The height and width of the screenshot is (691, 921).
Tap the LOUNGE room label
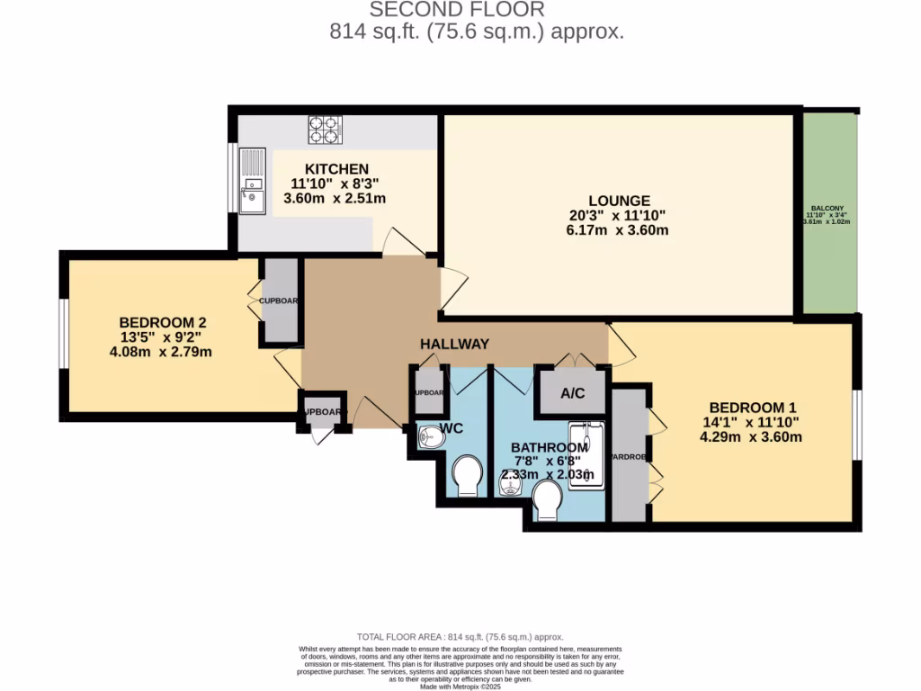619,201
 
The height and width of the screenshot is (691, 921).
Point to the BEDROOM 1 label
754,406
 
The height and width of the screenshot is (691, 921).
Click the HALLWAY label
454,344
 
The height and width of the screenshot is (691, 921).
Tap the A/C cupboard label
573,393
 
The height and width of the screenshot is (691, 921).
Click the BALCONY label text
826,206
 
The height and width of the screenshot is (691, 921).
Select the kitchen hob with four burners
326,130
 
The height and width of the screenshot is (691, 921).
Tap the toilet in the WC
468,474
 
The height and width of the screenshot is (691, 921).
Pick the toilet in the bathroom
548,499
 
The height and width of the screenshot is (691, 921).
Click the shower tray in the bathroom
587,454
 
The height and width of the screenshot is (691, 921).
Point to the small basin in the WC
429,438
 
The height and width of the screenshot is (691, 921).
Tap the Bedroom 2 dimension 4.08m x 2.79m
161,352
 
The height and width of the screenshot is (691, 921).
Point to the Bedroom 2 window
64,334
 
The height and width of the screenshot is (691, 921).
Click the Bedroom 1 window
857,424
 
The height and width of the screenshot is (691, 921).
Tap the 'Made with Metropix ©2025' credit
460,687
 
